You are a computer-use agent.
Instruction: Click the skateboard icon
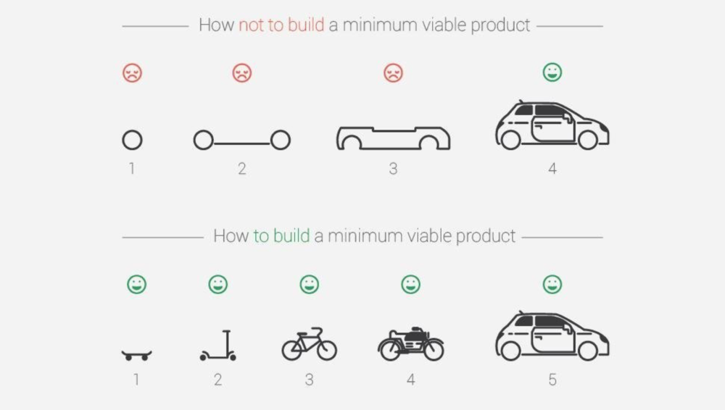136,355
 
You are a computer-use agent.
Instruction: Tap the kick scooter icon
218,346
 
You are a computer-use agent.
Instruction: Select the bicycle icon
309,343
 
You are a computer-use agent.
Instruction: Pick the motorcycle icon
411,343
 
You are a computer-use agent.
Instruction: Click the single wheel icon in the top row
132,140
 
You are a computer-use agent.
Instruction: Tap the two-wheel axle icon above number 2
241,140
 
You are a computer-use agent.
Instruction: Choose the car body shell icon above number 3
393,138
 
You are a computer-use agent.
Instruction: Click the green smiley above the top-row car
552,72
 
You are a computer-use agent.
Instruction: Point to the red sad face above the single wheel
132,72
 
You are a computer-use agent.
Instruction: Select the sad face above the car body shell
393,72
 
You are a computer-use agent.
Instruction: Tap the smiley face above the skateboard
136,284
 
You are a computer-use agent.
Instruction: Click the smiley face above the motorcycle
411,284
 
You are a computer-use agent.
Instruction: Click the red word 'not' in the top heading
251,25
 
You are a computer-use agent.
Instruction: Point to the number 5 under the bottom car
552,380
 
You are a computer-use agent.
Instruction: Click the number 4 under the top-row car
552,169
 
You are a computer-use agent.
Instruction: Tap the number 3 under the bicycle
309,380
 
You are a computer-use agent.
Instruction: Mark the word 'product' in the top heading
500,25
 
